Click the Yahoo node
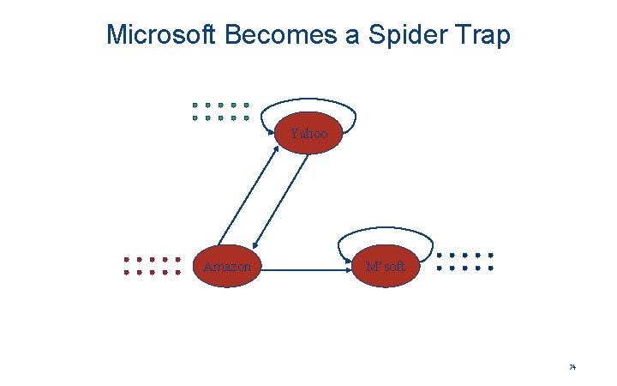pos(308,134)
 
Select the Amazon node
pos(227,267)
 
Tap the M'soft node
pos(386,267)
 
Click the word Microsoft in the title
pos(161,35)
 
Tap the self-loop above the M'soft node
pos(387,229)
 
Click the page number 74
pos(572,367)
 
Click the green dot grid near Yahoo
pos(220,112)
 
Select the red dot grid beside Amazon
pos(152,266)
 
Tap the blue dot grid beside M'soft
pos(464,262)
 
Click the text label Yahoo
pos(308,134)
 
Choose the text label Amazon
pos(227,267)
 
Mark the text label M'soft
pos(386,267)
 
